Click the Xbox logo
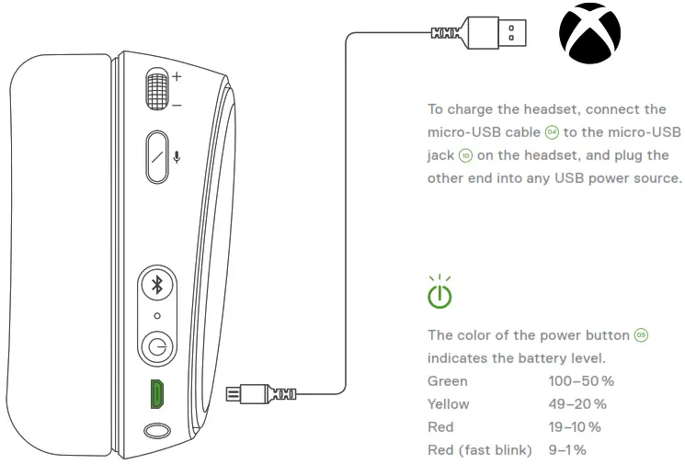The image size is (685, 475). pos(589,34)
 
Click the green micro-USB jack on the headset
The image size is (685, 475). pos(157,394)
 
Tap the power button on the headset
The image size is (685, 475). pos(157,348)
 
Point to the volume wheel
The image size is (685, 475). pos(157,91)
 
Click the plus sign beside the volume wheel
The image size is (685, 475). pos(177,76)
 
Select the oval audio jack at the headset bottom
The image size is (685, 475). pos(157,430)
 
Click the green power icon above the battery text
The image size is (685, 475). pos(440,295)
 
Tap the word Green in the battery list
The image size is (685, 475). pos(448,380)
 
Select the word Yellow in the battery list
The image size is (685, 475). pos(449,403)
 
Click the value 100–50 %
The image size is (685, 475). pos(581,380)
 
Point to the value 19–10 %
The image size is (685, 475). pos(575,426)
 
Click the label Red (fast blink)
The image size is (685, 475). pos(480,449)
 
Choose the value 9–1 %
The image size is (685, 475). pos(567,449)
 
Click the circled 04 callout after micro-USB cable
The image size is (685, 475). pos(551,133)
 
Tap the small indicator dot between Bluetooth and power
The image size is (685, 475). pos(157,315)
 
